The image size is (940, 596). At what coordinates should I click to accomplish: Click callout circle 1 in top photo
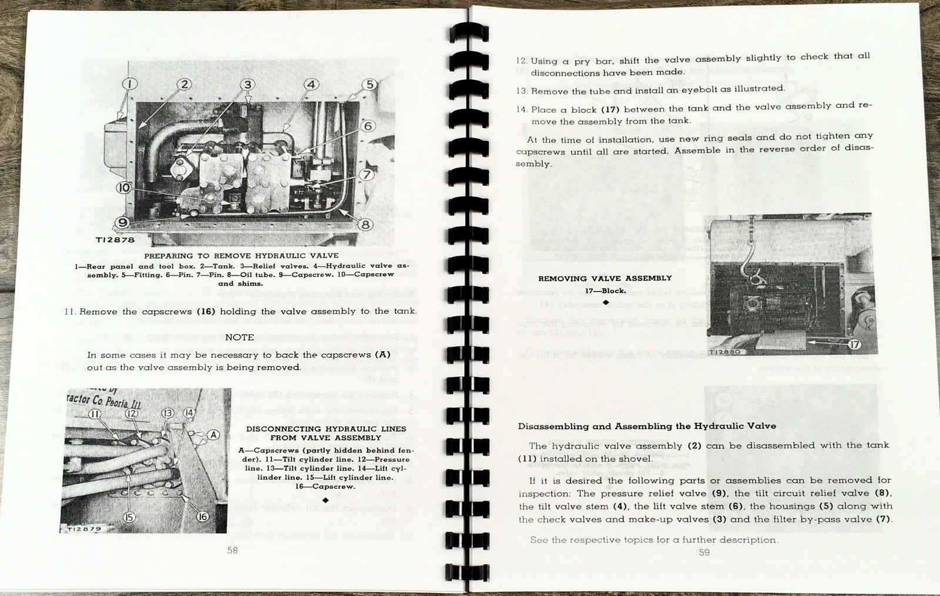point(130,83)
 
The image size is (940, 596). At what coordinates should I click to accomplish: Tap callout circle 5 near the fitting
point(370,84)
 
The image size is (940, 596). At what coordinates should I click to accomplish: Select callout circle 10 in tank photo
point(123,187)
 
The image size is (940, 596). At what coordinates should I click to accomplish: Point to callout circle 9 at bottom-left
point(122,222)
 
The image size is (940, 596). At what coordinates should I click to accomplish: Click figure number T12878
point(115,240)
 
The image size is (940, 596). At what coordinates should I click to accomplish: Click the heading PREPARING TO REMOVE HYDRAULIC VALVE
point(242,256)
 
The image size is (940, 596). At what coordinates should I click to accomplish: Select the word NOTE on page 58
point(240,337)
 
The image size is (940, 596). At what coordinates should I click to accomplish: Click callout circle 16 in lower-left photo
point(202,516)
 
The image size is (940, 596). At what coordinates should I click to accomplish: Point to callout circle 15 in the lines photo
point(129,517)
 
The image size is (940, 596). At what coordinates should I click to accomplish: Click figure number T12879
point(83,529)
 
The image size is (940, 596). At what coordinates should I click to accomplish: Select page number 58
point(233,550)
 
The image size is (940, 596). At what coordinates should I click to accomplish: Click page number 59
point(704,552)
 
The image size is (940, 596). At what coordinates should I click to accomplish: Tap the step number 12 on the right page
point(522,61)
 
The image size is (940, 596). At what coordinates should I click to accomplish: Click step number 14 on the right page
point(522,110)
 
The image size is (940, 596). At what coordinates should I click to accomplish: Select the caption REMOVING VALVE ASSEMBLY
point(605,278)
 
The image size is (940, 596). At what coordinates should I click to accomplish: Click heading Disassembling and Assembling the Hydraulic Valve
point(647,426)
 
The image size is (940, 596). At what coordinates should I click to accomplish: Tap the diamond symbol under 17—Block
point(605,302)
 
